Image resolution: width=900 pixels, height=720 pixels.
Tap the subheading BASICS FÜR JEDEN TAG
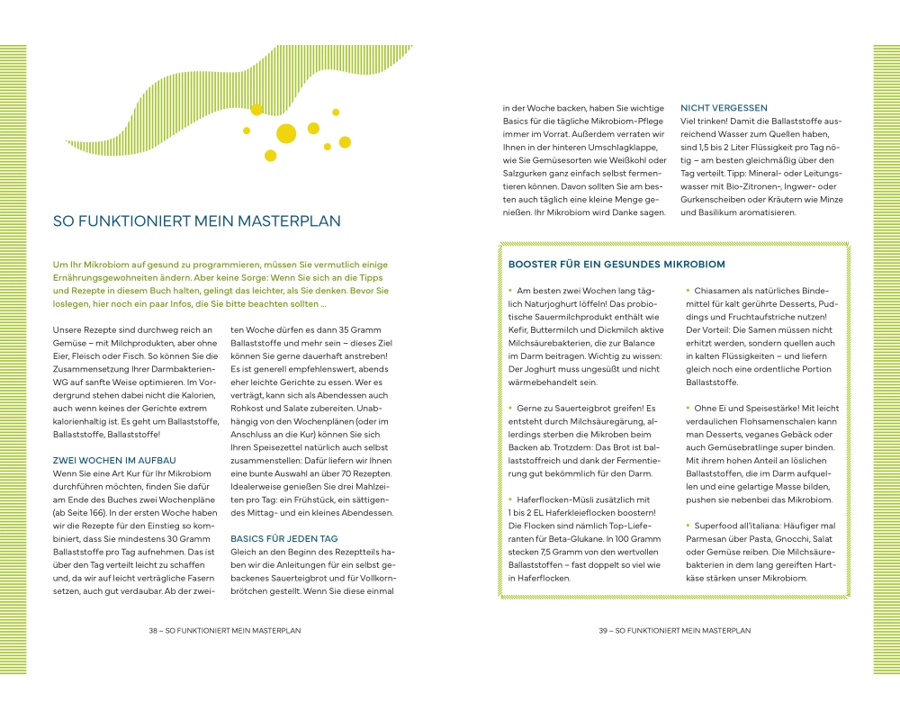(x=284, y=538)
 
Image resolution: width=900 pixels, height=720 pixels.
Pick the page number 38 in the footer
(x=154, y=631)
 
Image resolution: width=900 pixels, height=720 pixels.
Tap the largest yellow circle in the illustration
(x=286, y=133)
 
